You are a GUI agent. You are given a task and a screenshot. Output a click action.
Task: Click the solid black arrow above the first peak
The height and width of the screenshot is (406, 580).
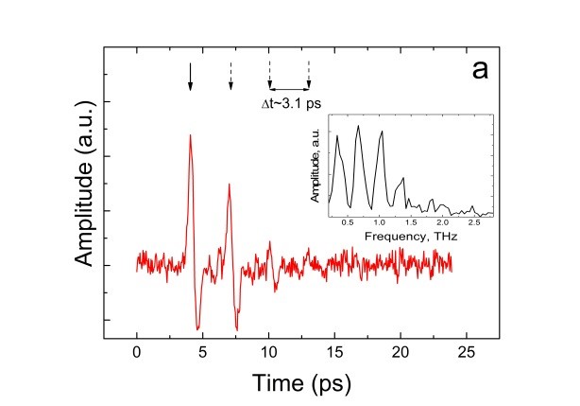tap(190, 77)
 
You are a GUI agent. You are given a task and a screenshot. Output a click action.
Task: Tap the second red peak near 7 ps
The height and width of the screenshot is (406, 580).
tap(230, 185)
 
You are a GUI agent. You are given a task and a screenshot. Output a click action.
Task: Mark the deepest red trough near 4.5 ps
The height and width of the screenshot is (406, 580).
tap(197, 328)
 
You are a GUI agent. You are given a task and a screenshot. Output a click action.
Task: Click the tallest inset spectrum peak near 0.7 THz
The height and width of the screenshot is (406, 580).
tap(358, 127)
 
